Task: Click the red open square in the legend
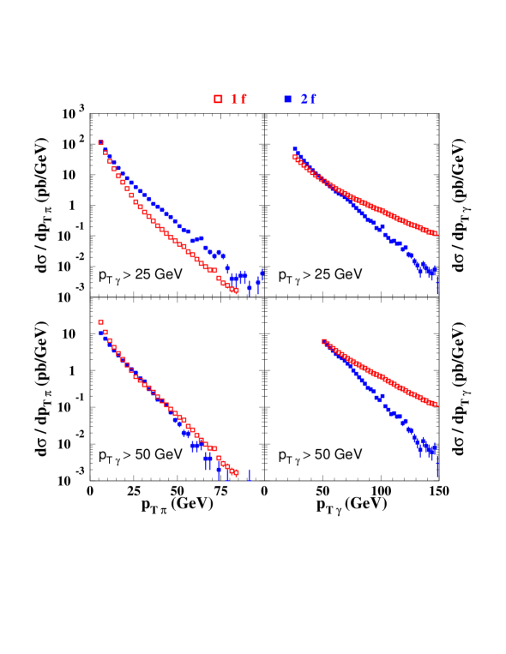tap(218, 99)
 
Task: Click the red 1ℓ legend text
tap(238, 99)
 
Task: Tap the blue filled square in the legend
tap(288, 99)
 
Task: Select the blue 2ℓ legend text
tap(309, 99)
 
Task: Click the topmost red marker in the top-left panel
tap(100, 143)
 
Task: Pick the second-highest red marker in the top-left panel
tap(105, 152)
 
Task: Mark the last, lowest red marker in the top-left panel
tap(236, 291)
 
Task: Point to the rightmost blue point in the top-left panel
tap(262, 274)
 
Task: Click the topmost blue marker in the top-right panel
tap(295, 150)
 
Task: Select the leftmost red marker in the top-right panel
tap(295, 157)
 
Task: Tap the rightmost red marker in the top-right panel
tap(436, 233)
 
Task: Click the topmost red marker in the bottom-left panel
tap(100, 322)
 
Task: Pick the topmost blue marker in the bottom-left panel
tap(105, 338)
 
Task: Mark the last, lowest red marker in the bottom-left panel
tap(236, 472)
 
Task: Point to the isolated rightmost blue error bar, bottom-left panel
tap(250, 475)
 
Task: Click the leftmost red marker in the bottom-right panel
tap(324, 342)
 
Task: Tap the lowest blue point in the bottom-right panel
tap(437, 466)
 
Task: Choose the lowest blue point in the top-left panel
tap(250, 288)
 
